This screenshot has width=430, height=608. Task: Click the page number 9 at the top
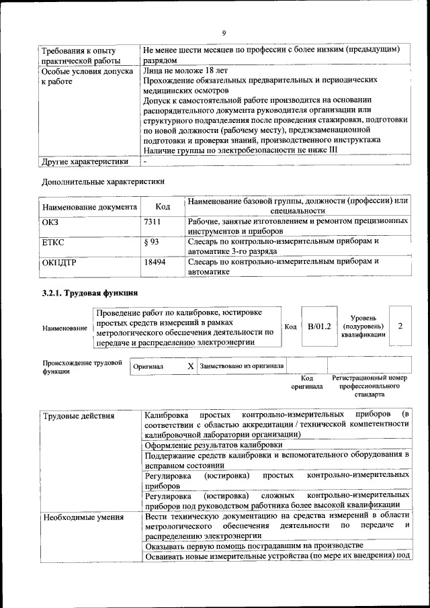click(x=224, y=33)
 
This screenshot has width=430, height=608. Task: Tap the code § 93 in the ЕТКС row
click(x=151, y=241)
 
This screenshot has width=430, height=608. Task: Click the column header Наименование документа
click(x=89, y=207)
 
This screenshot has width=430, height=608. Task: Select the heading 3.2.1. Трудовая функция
click(x=90, y=293)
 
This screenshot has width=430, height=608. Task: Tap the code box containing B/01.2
click(x=319, y=326)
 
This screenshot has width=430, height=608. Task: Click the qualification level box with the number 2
click(x=400, y=326)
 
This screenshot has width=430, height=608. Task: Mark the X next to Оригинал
click(x=191, y=366)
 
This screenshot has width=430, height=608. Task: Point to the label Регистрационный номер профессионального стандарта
click(x=370, y=387)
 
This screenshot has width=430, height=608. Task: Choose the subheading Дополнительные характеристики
click(x=103, y=181)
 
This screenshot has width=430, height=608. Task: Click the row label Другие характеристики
click(x=85, y=161)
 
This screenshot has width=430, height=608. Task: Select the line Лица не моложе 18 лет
click(x=185, y=70)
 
